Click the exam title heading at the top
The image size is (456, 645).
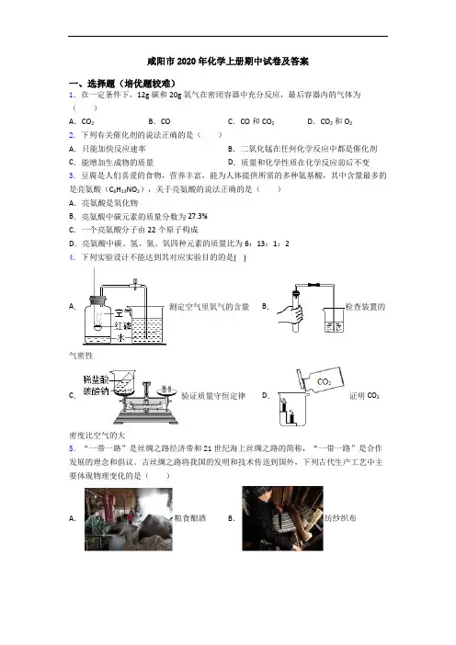228,62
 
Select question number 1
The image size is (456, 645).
72,95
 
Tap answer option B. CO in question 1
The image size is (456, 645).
159,121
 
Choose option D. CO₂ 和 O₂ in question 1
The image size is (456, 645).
330,121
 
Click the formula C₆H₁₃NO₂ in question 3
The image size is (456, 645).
125,189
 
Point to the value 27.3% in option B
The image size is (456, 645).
198,216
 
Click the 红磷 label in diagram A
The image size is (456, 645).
122,326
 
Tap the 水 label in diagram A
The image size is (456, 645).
121,338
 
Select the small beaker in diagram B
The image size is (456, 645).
334,320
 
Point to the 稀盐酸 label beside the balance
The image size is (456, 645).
96,379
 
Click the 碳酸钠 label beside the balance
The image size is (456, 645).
96,390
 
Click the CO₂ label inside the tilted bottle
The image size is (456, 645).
324,381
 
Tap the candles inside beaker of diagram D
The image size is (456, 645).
289,413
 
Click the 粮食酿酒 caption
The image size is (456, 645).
189,518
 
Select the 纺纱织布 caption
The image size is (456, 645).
340,518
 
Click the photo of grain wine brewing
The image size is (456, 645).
129,519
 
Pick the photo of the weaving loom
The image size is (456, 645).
282,518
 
